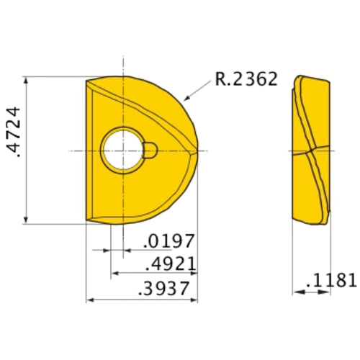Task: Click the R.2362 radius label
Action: (x=246, y=79)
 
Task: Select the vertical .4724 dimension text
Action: (x=13, y=132)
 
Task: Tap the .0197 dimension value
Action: (x=168, y=241)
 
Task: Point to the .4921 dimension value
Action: (x=171, y=264)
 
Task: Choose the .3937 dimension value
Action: (x=163, y=288)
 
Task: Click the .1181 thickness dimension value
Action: (x=331, y=280)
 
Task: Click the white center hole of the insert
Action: (x=123, y=150)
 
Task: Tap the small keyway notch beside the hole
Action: (x=150, y=150)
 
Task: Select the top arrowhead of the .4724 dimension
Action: (x=26, y=81)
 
